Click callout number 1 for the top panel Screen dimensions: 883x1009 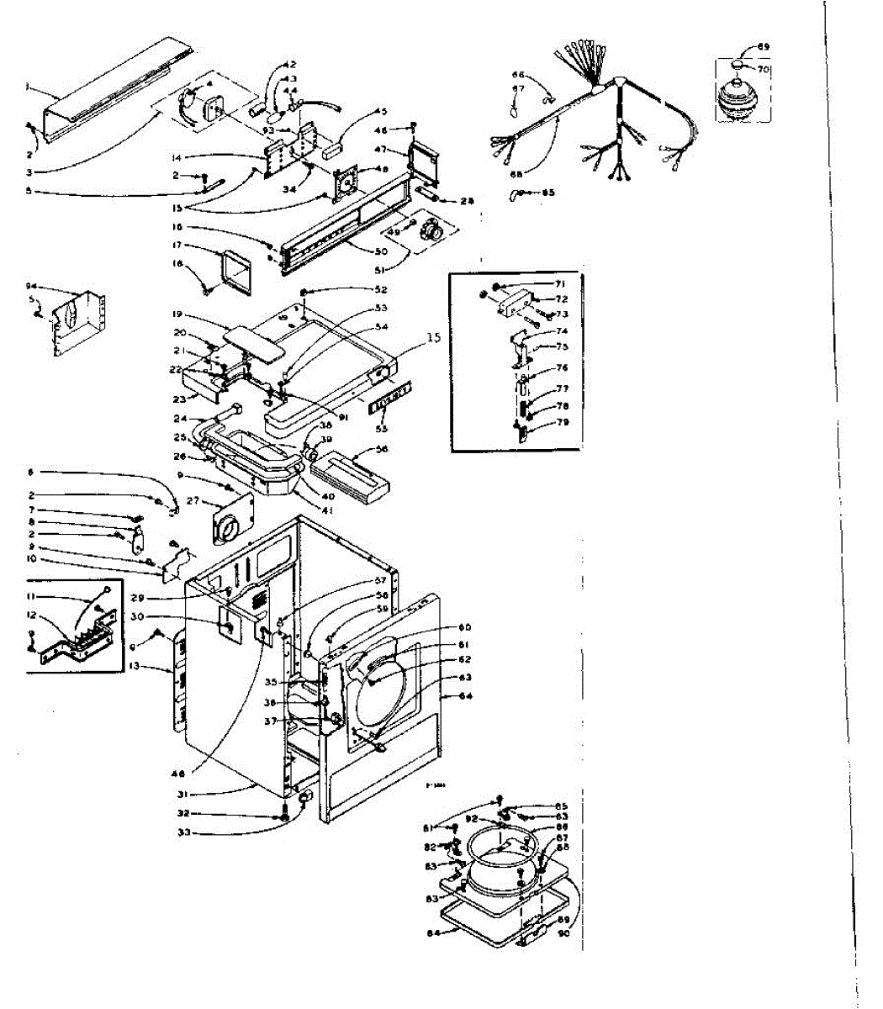coord(28,87)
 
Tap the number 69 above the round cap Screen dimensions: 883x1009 coord(763,46)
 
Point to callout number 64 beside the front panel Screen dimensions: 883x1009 coord(466,695)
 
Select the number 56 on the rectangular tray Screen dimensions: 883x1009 coord(383,450)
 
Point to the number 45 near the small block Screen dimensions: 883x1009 coord(381,112)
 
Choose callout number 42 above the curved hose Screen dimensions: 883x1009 coord(289,65)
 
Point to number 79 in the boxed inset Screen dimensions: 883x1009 coord(562,422)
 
